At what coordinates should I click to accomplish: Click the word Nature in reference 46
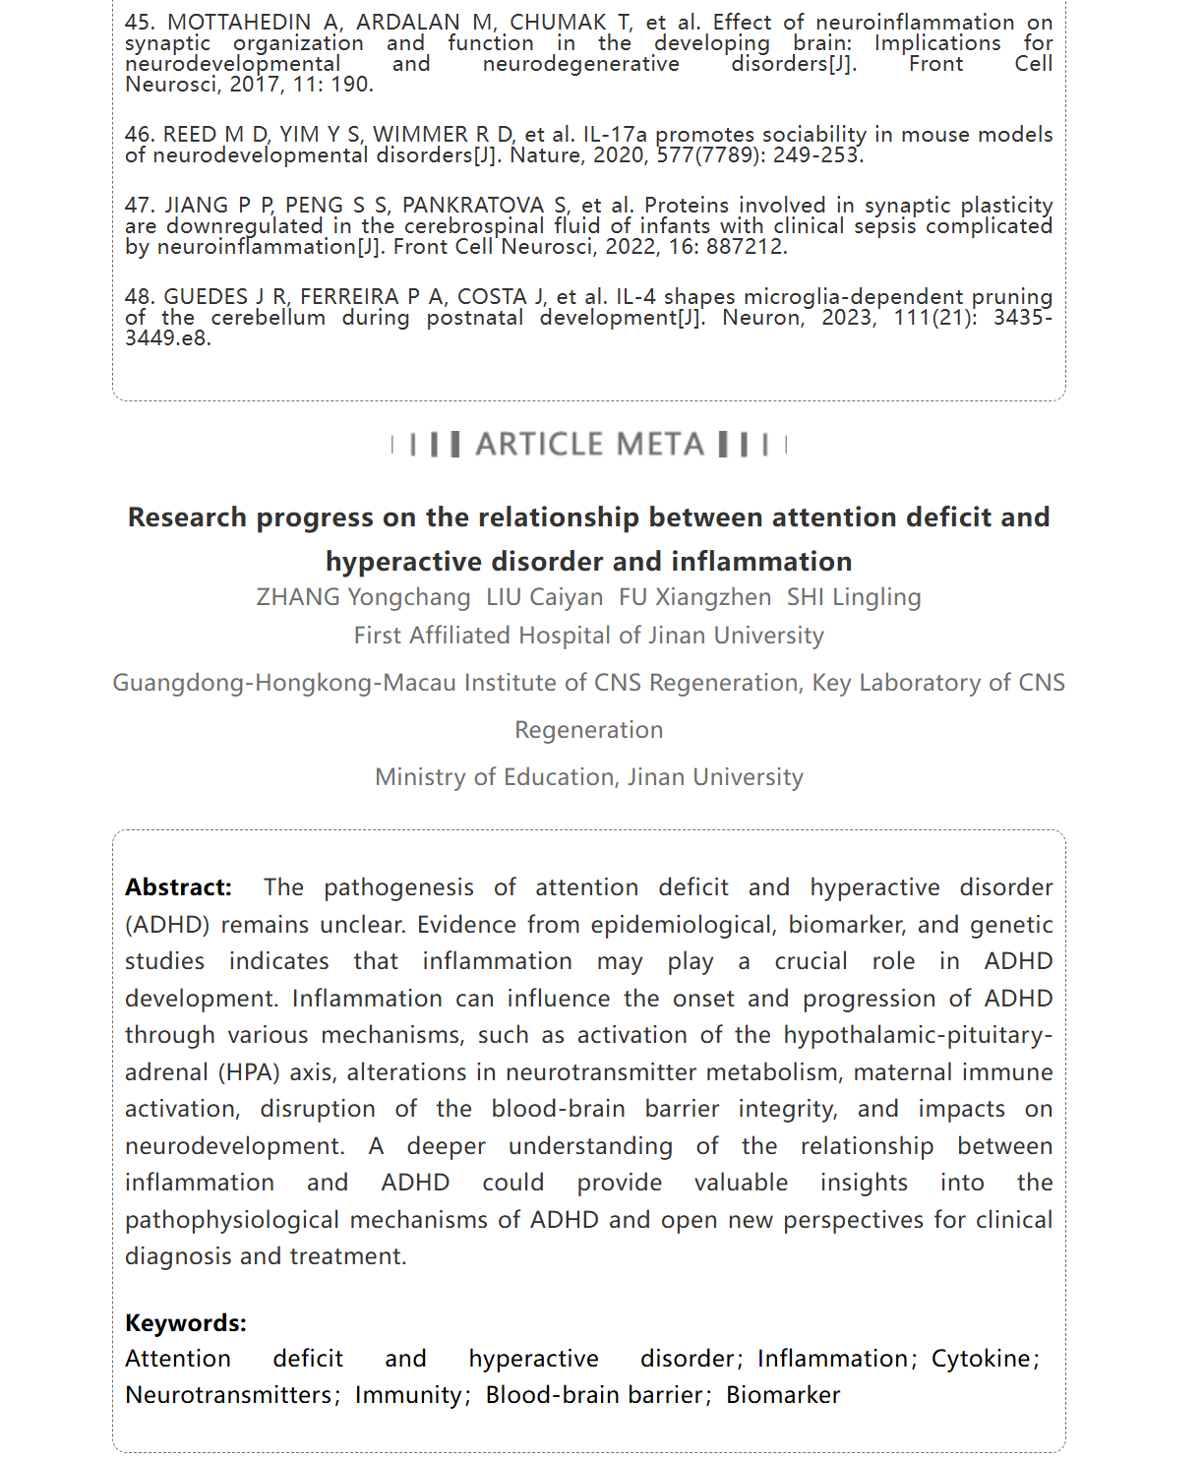(545, 155)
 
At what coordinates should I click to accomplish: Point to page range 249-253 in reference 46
(817, 155)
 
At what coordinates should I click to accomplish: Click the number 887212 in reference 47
(745, 247)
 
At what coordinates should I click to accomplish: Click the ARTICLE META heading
(589, 445)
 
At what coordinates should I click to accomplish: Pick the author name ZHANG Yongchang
(363, 597)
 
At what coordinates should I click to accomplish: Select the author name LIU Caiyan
(544, 597)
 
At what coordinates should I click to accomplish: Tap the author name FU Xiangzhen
(694, 597)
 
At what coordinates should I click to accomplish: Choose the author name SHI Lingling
(854, 597)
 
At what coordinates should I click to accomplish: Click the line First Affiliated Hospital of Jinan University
(588, 636)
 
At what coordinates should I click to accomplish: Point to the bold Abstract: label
(178, 887)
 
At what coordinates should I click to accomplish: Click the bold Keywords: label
(185, 1323)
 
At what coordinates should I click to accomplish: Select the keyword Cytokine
(981, 1359)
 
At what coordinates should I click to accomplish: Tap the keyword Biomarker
(783, 1395)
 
